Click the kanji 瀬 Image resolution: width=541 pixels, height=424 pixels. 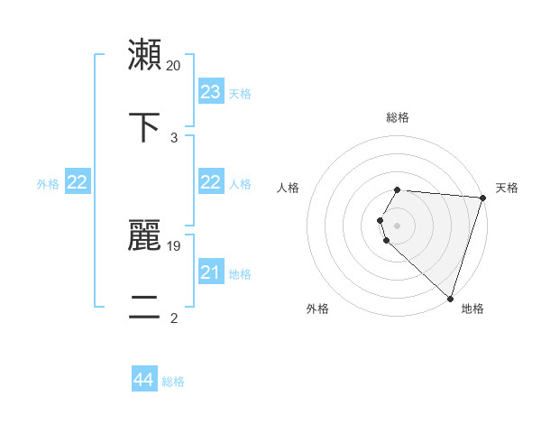tap(145, 55)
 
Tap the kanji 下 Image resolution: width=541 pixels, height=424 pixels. tap(145, 127)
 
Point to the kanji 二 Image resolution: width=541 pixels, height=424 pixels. tap(145, 309)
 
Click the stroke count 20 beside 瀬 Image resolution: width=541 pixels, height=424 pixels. tap(174, 65)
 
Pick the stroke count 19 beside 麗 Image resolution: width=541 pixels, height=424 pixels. tap(174, 245)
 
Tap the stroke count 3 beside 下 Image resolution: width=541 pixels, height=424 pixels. tap(174, 137)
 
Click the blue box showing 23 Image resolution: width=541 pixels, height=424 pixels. tap(211, 92)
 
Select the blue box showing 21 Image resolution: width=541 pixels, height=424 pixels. tap(211, 272)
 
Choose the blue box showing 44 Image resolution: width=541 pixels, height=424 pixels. tap(144, 380)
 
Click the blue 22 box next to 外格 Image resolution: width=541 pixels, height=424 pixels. tap(78, 182)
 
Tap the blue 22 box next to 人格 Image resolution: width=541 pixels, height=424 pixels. tap(211, 182)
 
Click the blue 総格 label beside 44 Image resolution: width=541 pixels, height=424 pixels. tap(173, 382)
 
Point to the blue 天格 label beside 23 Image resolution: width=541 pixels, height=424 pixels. tap(240, 94)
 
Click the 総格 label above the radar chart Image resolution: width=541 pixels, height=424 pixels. tap(398, 117)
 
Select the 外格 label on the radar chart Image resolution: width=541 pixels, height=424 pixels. tap(317, 309)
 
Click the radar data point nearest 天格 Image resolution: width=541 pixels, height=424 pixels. tap(482, 198)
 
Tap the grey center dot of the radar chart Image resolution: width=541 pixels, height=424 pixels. tap(398, 225)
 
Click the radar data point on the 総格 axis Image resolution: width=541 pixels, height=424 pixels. tap(398, 189)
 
